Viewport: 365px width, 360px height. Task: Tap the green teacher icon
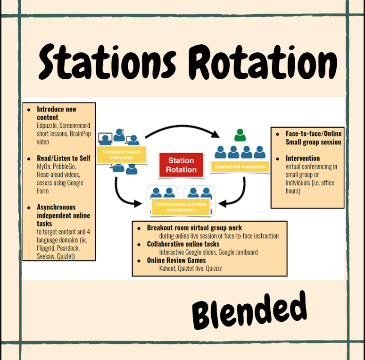pos(240,136)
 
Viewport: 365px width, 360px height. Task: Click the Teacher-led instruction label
pos(240,166)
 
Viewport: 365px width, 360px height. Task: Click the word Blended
pos(249,310)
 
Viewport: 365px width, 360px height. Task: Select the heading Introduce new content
pos(56,113)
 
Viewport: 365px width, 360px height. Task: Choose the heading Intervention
pos(303,158)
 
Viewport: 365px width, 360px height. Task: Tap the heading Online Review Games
pos(176,260)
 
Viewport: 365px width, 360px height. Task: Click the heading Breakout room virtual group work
pos(194,227)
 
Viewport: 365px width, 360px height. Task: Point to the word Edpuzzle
pos(49,126)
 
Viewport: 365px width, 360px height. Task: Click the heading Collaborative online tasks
pos(183,244)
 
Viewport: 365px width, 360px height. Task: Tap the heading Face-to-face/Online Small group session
pos(313,138)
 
